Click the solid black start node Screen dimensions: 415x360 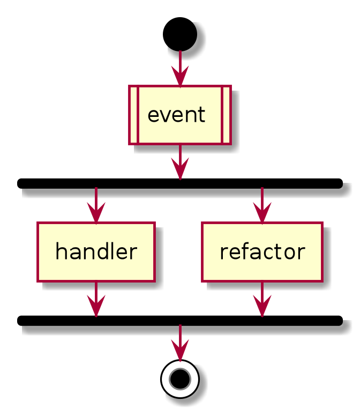pos(180,34)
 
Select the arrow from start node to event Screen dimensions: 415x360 pos(180,68)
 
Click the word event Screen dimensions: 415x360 pos(176,115)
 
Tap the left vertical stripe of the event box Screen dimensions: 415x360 pos(134,115)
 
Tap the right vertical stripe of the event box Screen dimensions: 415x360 pos(226,115)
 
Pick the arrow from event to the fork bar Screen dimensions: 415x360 pos(180,161)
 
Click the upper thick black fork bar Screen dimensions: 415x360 pos(180,183)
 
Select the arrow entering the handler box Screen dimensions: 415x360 pos(96,205)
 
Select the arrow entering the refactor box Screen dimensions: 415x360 pos(262,205)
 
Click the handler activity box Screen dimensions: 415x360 pos(96,251)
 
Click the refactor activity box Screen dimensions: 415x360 pos(262,251)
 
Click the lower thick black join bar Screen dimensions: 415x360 pos(180,321)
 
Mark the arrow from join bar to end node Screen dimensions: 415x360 pos(180,342)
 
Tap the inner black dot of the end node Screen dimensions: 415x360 pos(180,379)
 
